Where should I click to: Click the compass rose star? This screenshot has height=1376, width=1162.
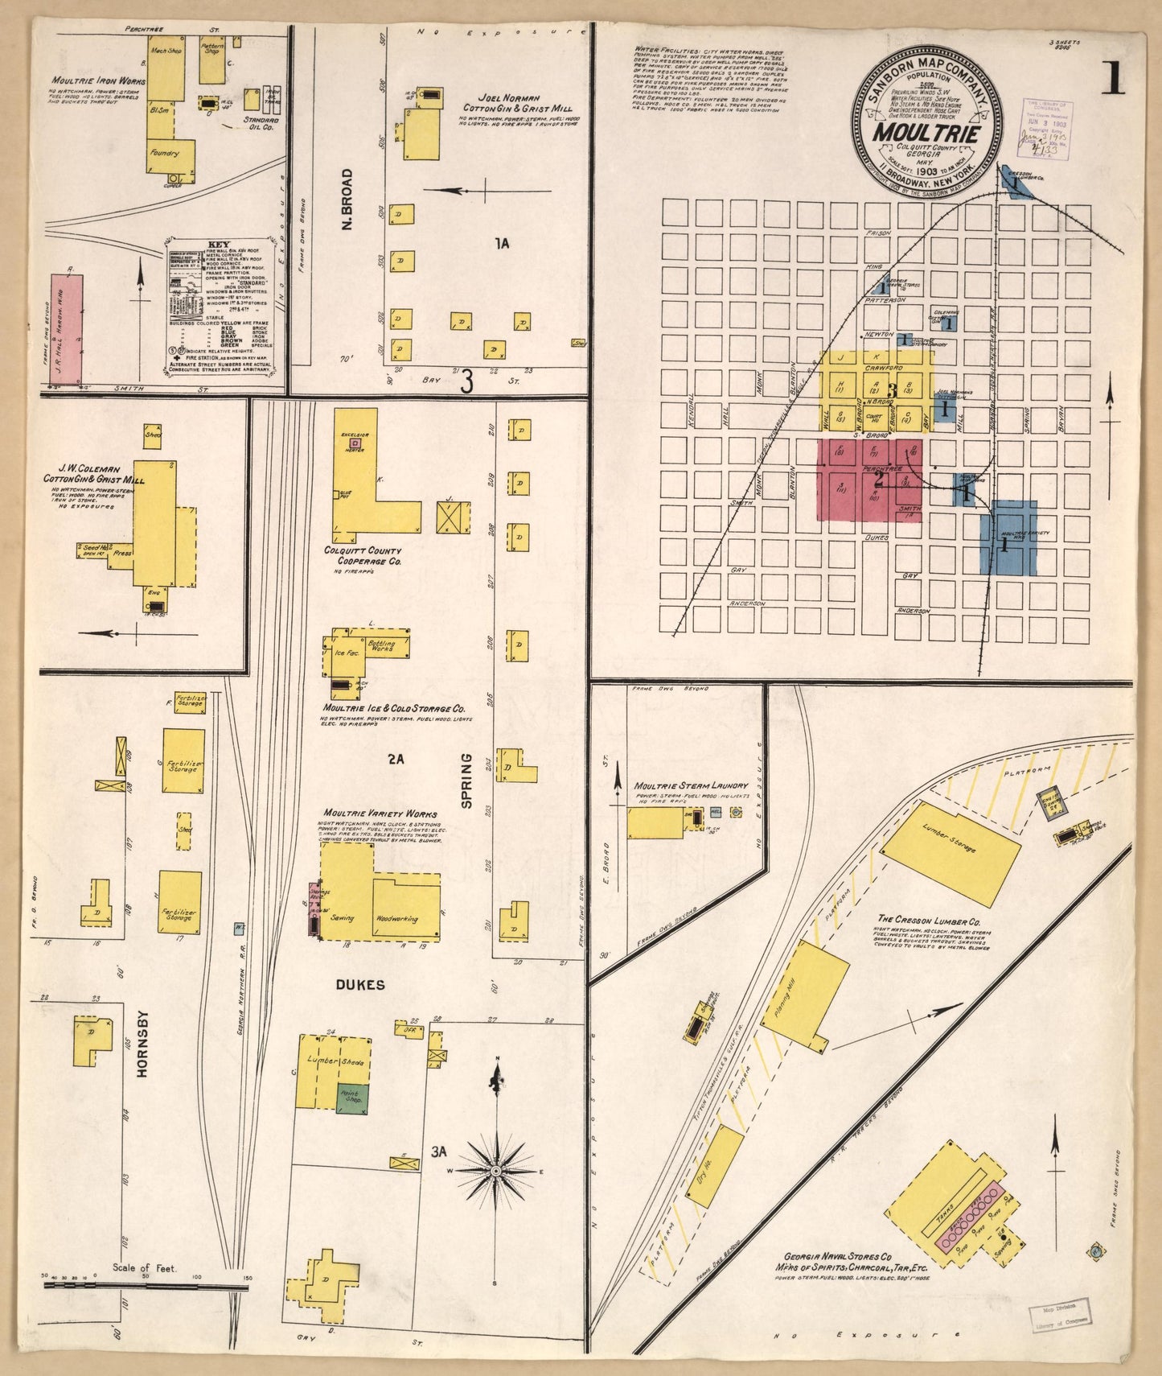click(496, 1168)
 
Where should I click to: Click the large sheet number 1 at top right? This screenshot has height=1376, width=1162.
click(1113, 78)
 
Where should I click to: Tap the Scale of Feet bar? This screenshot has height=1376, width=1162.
click(145, 1287)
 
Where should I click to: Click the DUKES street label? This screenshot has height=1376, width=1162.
click(360, 985)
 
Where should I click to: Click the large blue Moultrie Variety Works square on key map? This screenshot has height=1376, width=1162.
click(1008, 538)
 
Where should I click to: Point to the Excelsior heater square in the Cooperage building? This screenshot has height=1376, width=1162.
click(355, 442)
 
